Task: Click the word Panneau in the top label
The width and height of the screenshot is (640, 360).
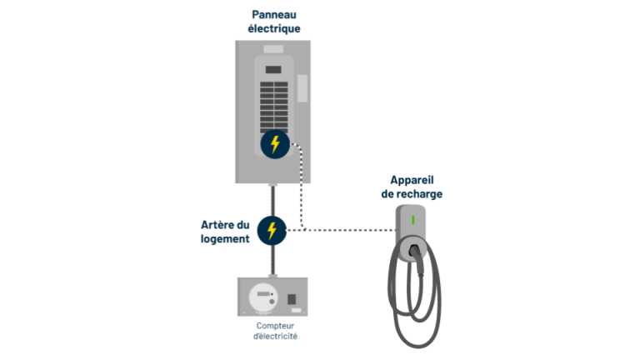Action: (274, 15)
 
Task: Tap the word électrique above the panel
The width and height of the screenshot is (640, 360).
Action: (274, 29)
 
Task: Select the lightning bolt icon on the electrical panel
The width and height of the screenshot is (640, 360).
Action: (275, 144)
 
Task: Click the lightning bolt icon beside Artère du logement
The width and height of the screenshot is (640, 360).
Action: (272, 231)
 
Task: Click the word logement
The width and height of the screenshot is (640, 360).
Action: (225, 239)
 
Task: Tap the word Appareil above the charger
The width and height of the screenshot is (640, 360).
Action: (412, 180)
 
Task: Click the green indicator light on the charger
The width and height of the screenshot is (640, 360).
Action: (413, 220)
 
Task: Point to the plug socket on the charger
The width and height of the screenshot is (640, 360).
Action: (414, 249)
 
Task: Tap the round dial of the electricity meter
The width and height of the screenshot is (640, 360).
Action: (263, 297)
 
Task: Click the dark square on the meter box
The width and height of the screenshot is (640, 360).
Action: (292, 299)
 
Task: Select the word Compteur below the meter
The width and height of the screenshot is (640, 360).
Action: (275, 326)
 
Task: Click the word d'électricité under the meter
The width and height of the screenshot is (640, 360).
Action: (275, 337)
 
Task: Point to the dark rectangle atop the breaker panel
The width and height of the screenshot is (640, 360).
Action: (273, 70)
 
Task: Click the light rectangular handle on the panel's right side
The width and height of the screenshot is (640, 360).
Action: (302, 88)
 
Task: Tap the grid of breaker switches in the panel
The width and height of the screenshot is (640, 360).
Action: (274, 107)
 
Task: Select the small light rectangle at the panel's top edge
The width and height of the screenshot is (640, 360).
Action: (273, 49)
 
